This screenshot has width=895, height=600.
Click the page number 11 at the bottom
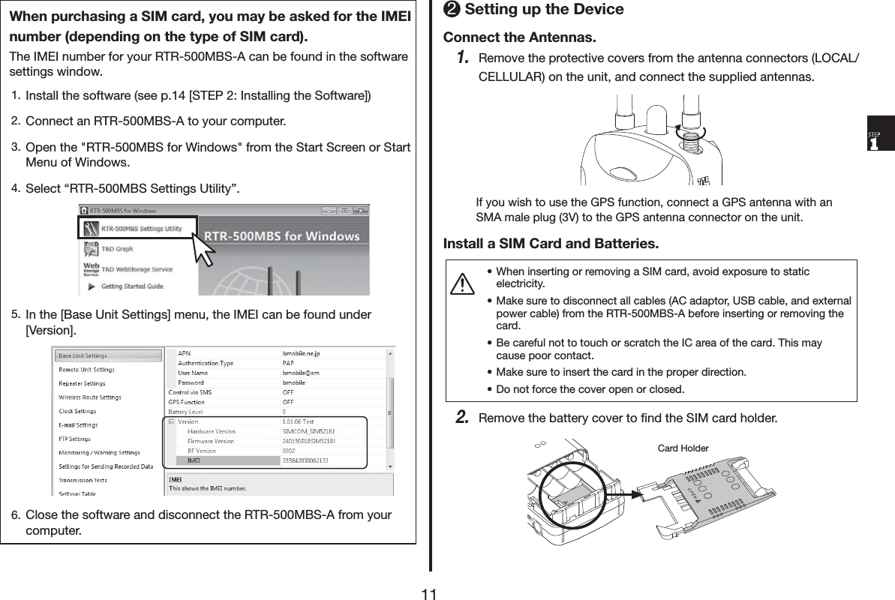[429, 594]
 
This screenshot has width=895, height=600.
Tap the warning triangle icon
[466, 283]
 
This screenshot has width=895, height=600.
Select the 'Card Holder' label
[683, 448]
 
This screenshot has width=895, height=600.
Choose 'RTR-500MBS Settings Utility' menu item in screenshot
[141, 228]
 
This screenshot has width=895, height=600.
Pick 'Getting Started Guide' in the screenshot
[131, 286]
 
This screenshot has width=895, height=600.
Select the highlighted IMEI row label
[194, 460]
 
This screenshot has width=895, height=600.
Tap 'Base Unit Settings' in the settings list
[83, 355]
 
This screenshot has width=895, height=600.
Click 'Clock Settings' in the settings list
[77, 411]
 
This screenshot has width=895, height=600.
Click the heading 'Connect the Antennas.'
[520, 37]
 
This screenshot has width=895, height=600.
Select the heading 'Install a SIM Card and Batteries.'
[551, 244]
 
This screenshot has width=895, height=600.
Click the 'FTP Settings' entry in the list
[75, 439]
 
